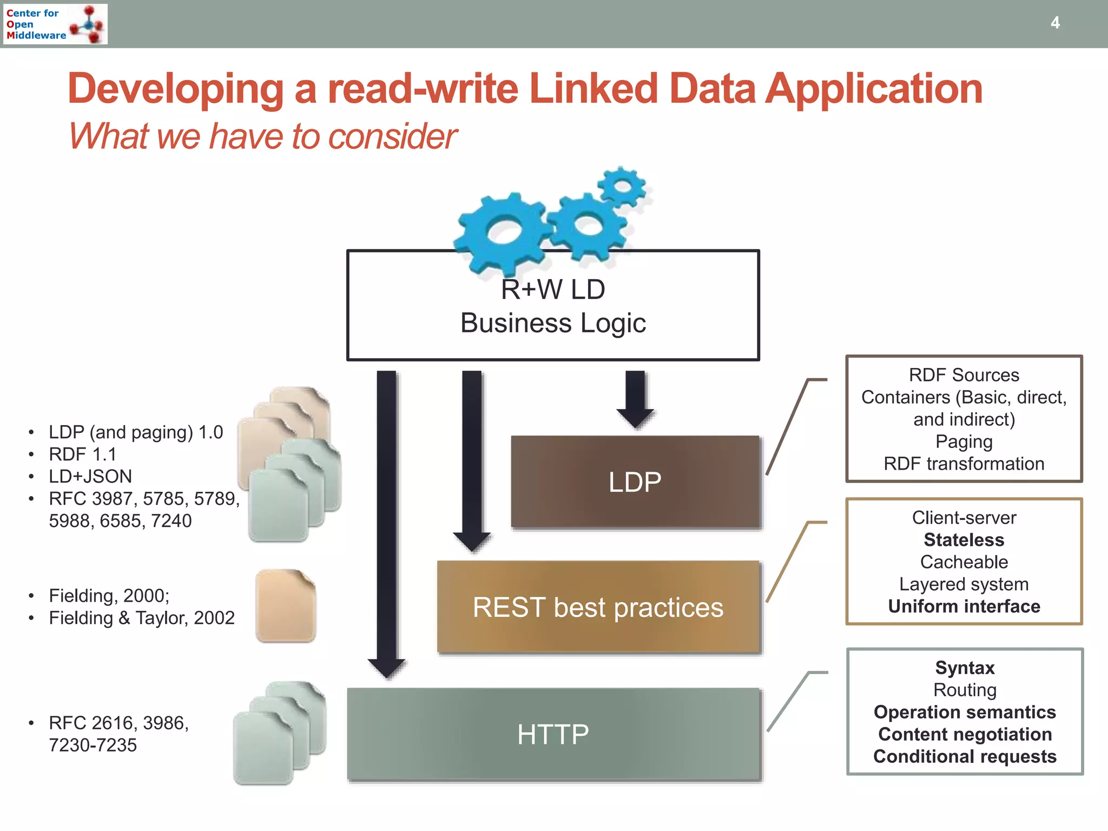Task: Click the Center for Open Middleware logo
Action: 56,24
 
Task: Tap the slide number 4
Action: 1054,23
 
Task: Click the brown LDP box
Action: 635,482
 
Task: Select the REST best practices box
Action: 598,607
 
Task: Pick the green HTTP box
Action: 553,734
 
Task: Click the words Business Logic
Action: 553,324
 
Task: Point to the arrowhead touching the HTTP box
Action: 386,669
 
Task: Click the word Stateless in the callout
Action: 964,540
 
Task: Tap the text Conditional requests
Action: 965,756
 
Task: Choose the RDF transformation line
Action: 964,464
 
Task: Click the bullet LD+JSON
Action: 90,476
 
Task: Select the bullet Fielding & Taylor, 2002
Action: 142,618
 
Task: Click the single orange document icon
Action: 286,606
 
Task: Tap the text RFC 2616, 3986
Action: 118,723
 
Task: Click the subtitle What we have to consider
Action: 262,136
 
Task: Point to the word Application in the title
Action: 874,89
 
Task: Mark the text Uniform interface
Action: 964,606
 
